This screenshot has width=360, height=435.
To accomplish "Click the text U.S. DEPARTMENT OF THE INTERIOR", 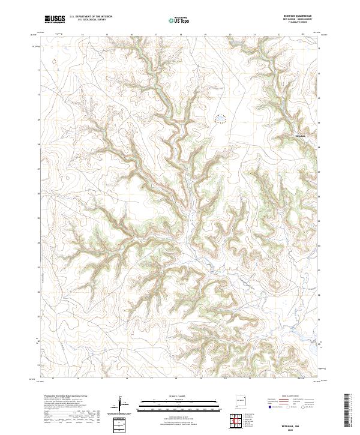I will pos(91,17).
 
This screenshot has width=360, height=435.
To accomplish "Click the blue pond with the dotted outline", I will pos(220,119).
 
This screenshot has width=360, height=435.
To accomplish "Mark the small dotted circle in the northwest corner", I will pos(54,60).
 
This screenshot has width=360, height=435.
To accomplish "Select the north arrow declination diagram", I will pos(122,406).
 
